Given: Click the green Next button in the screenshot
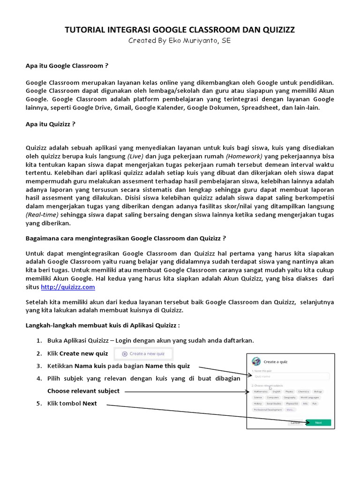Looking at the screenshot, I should click(318, 422).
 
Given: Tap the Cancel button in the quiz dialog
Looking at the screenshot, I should click(295, 422).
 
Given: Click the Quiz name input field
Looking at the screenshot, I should click(291, 376).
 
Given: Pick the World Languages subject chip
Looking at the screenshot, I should click(310, 397).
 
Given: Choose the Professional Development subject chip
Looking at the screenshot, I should click(268, 410).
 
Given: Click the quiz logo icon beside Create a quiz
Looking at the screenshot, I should click(256, 361).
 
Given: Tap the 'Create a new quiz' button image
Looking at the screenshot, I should click(143, 353).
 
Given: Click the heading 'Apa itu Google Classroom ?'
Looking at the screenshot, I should click(67, 66).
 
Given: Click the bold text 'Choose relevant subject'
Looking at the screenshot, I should click(83, 391).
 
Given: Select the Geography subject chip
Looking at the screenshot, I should click(289, 397).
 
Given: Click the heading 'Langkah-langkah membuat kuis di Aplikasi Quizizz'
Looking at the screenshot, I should click(102, 325).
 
